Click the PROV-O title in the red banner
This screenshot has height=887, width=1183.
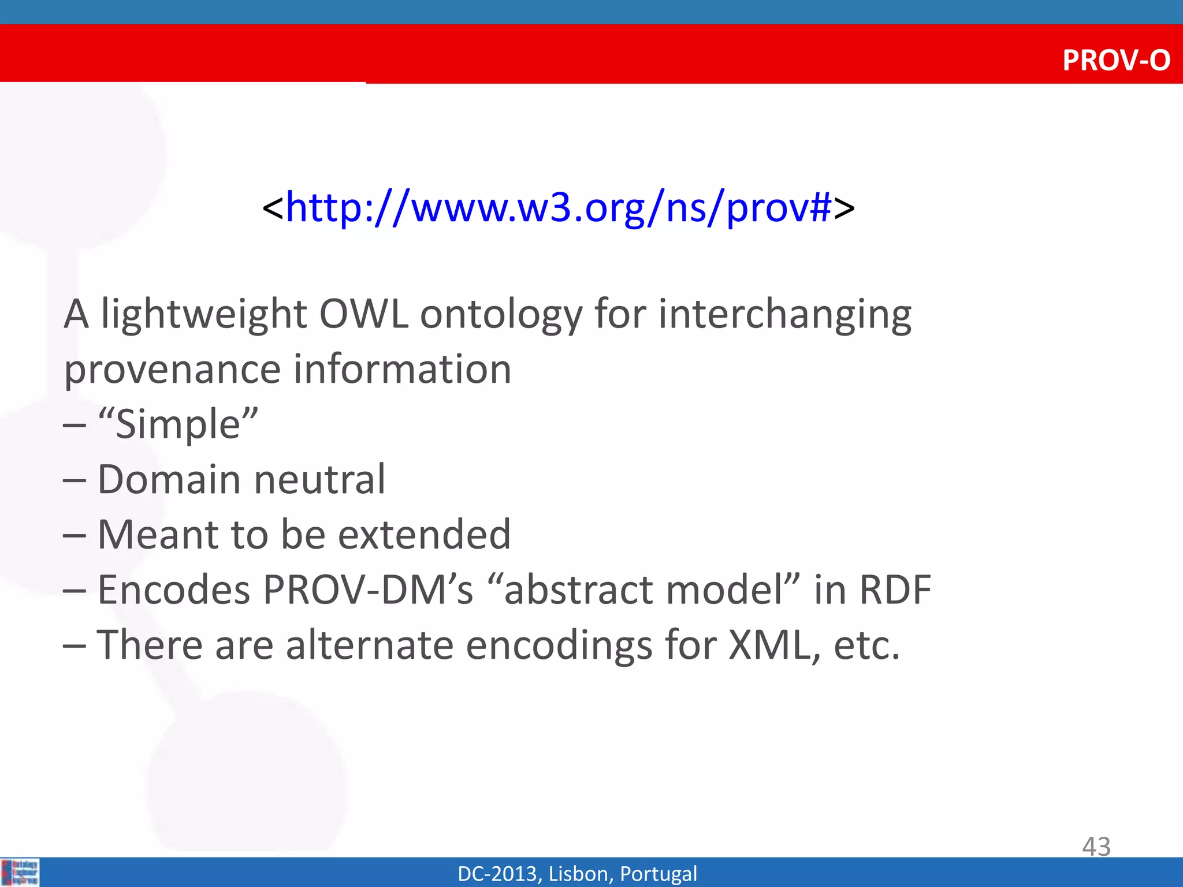pos(1115,60)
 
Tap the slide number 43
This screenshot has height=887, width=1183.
pos(1096,847)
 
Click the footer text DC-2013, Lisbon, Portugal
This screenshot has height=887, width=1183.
pos(577,874)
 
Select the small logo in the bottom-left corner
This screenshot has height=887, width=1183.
pos(20,872)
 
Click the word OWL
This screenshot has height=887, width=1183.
pos(363,314)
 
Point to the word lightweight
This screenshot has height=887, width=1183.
pos(203,315)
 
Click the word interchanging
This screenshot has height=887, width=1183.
pos(784,315)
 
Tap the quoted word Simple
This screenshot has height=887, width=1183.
pos(178,424)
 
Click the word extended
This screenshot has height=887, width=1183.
pos(424,534)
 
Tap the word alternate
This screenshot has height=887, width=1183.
pos(370,645)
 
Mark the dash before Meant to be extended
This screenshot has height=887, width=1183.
pos(75,535)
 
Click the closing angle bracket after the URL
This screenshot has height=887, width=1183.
pos(844,208)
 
